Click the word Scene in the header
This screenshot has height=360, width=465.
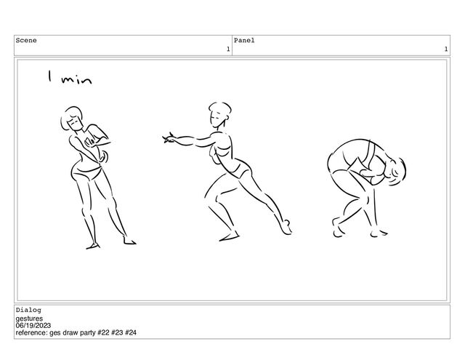(x=26, y=40)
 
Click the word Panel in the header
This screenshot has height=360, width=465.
(x=244, y=40)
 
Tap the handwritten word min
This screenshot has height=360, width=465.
(x=76, y=79)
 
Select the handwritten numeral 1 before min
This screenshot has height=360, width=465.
(x=50, y=76)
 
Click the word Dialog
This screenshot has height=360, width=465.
(x=28, y=310)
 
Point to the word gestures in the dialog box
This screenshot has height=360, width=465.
(x=29, y=319)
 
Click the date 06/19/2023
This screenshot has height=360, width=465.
(x=33, y=326)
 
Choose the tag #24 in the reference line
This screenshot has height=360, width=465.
(x=131, y=332)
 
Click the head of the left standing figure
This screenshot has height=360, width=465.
(x=72, y=119)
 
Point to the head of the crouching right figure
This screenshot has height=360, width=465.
(x=397, y=172)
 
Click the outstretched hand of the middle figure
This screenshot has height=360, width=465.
(x=169, y=138)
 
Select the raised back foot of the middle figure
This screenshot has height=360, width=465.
(x=286, y=228)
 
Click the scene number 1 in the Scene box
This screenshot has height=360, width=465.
(x=228, y=49)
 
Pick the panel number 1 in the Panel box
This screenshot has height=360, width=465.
(x=445, y=49)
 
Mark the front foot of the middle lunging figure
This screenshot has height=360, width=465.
(x=229, y=237)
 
